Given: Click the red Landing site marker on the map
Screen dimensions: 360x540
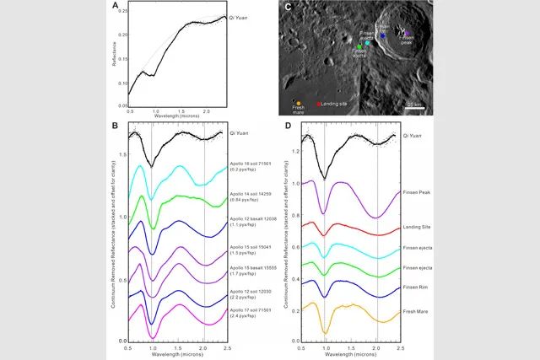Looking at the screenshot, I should coord(318,104).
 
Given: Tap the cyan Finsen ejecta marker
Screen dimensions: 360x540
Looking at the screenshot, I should coord(367,42).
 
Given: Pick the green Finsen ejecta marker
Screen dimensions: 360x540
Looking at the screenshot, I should coord(359,46).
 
